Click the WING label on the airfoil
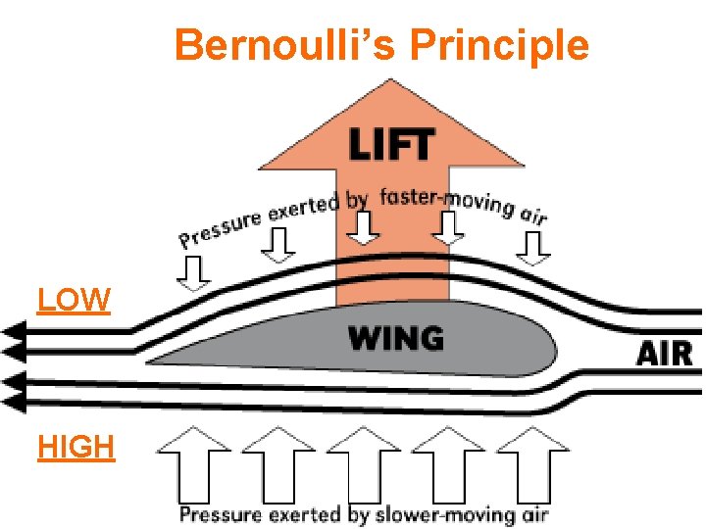coord(395,339)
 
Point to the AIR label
coord(666,353)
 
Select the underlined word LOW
coord(74,300)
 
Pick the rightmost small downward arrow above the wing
coord(533,248)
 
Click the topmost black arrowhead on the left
coord(12,330)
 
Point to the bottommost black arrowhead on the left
coord(12,401)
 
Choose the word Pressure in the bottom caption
coord(222,514)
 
